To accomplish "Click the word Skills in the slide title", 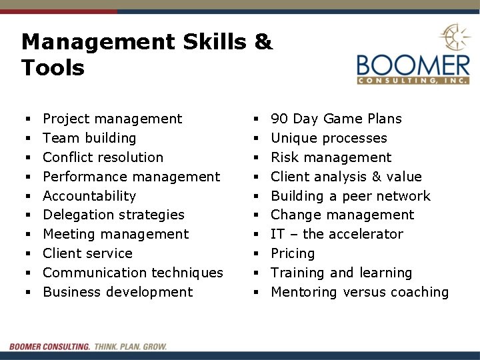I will pos(214,42).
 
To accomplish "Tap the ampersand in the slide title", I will pos(264,42).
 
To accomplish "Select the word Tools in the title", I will pos(53,67).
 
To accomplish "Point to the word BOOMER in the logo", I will pos(413,66).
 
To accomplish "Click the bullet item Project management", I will pos(112,119).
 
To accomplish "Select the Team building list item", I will pos(89,138).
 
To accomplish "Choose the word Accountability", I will pos(89,196).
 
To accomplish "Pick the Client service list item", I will pos(87,253).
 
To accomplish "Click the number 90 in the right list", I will pos(279,119).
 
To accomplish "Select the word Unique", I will pos(293,138).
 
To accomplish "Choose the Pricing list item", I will pos(293,253).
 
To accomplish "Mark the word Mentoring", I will pos(304,292).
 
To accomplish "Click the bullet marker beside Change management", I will pos(257,215).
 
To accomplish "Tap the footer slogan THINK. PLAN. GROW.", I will pos(131,347).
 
